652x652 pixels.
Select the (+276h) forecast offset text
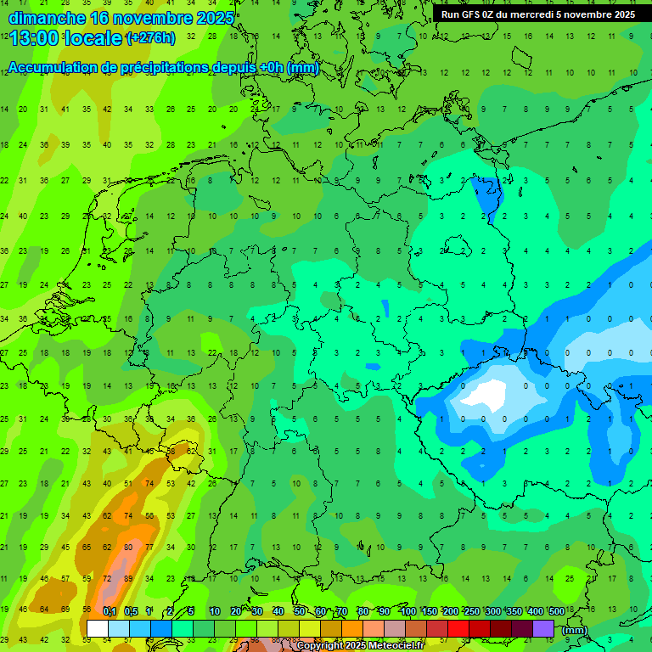tap(151, 37)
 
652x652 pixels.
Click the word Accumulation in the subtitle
tap(50, 68)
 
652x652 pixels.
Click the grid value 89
tap(128, 578)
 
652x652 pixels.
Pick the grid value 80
tap(128, 547)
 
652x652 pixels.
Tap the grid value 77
tap(149, 547)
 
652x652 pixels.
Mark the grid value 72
tap(108, 578)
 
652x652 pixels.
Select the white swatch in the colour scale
tap(98, 628)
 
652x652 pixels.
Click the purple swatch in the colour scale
tap(543, 628)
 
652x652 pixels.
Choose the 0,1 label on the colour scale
tap(109, 611)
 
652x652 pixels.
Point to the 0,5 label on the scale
tap(131, 611)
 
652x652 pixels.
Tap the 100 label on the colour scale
tap(407, 611)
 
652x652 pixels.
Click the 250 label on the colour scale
tap(471, 611)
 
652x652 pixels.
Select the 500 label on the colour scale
tap(557, 611)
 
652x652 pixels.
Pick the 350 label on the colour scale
tap(514, 611)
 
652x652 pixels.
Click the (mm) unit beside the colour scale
tap(575, 629)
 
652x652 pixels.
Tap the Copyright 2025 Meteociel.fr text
tap(360, 646)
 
